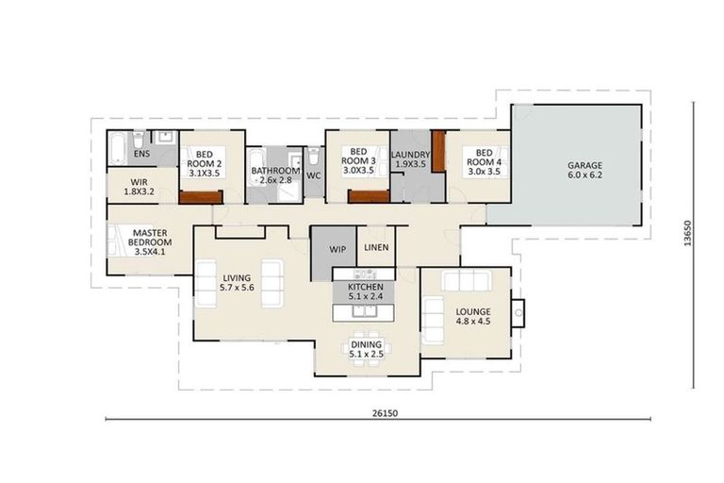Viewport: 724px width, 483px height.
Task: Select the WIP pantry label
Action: pos(337,250)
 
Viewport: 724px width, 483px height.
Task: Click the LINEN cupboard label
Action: pos(377,248)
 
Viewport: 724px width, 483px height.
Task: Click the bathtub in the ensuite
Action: pos(120,149)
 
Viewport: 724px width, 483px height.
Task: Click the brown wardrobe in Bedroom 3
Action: pos(369,196)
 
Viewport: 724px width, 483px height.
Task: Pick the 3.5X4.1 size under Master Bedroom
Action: pos(149,251)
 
